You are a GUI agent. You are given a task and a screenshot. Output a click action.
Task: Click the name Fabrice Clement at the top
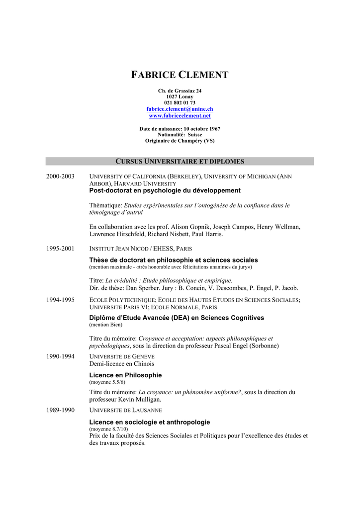tap(180, 76)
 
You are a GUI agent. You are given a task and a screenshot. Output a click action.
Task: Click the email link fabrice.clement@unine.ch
tap(180, 109)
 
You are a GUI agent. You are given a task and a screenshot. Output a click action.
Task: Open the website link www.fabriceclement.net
tap(180, 116)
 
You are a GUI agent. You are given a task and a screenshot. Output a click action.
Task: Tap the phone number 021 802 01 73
tap(180, 103)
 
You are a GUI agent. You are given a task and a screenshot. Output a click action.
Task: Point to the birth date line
tap(180, 129)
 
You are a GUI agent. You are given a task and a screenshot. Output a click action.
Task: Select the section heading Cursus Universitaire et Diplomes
tap(180, 162)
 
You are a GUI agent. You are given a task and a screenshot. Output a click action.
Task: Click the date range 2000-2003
tap(60, 176)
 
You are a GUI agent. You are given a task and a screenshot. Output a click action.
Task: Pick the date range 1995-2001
tap(60, 249)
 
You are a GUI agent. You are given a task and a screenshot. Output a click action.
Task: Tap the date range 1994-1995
tap(60, 300)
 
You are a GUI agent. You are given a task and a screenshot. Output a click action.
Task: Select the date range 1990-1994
tap(60, 356)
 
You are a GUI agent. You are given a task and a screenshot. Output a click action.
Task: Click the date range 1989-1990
tap(60, 410)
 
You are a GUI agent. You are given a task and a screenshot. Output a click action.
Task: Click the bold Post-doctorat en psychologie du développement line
tap(165, 190)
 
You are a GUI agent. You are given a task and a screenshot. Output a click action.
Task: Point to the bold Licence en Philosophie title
tap(125, 375)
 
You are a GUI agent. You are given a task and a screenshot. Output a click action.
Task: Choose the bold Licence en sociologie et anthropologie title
tap(149, 422)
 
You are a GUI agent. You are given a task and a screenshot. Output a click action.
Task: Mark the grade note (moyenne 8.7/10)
tap(108, 428)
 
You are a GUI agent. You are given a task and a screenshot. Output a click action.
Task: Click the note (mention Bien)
tap(105, 325)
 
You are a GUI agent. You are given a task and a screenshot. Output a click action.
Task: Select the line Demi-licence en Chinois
tap(114, 363)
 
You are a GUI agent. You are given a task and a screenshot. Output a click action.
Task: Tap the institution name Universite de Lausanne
tap(125, 410)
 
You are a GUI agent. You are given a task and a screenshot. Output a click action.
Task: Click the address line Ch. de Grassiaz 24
tap(180, 91)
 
